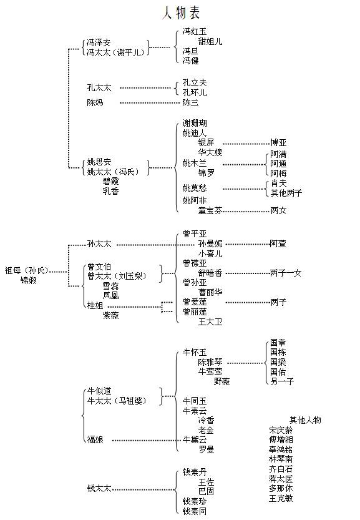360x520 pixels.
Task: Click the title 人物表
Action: [x=181, y=12]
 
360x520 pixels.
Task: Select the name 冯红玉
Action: [x=195, y=31]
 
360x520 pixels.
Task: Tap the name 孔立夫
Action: [x=195, y=82]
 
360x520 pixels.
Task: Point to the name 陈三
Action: [x=191, y=102]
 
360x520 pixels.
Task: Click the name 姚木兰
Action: [x=195, y=163]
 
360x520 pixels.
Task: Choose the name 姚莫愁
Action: [x=195, y=188]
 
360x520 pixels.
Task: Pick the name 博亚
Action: [x=278, y=143]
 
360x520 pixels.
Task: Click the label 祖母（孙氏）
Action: [x=27, y=271]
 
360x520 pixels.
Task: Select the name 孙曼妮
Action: [x=210, y=243]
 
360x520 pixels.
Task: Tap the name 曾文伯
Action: [x=99, y=267]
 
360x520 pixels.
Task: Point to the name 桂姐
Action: [x=95, y=305]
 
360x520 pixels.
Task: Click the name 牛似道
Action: [x=99, y=391]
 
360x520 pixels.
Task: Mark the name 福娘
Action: [x=95, y=439]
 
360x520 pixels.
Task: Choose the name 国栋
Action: [x=278, y=352]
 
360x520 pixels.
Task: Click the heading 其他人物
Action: [x=305, y=420]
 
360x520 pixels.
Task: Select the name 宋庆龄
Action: [x=281, y=430]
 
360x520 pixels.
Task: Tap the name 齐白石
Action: [x=281, y=469]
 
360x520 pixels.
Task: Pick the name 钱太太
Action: [x=99, y=488]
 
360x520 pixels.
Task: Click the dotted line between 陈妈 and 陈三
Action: [x=150, y=103]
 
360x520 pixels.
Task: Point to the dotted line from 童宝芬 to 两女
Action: [x=246, y=211]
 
